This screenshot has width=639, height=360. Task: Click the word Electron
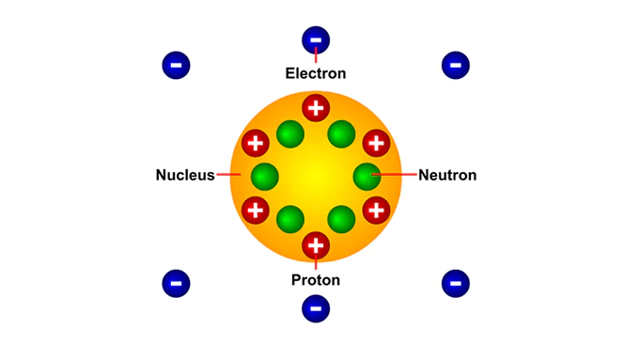pyautogui.click(x=316, y=73)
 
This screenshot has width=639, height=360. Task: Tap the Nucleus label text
pyautogui.click(x=185, y=175)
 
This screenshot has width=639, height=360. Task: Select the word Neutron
pyautogui.click(x=447, y=175)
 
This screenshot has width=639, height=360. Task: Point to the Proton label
pyautogui.click(x=316, y=280)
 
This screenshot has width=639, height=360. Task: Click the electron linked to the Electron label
pyautogui.click(x=316, y=39)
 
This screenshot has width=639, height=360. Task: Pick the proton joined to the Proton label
pyautogui.click(x=316, y=246)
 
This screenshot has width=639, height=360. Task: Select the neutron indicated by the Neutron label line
pyautogui.click(x=366, y=175)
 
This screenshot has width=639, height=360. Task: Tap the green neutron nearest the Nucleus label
pyautogui.click(x=265, y=175)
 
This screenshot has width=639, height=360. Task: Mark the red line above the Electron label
pyautogui.click(x=316, y=57)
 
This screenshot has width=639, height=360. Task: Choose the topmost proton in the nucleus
pyautogui.click(x=316, y=107)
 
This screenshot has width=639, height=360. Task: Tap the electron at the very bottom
pyautogui.click(x=316, y=307)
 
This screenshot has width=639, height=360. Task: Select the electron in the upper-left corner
pyautogui.click(x=176, y=65)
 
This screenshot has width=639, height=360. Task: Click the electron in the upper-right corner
pyautogui.click(x=455, y=65)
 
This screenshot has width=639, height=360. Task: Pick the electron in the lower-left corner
pyautogui.click(x=176, y=282)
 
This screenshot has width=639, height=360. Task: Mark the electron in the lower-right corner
pyautogui.click(x=455, y=282)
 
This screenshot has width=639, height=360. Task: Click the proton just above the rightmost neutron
pyautogui.click(x=376, y=143)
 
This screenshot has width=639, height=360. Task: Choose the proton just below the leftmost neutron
pyautogui.click(x=256, y=209)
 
